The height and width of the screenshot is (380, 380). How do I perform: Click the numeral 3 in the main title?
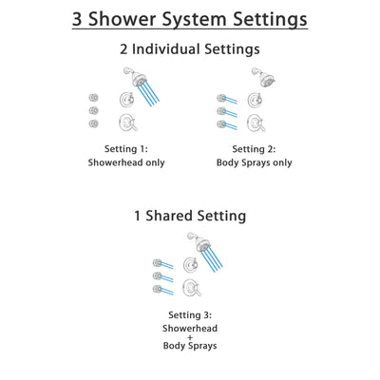[x=81, y=19]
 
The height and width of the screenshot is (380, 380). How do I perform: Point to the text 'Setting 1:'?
[x=124, y=148]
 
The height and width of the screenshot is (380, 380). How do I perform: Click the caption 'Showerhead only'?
[x=124, y=162]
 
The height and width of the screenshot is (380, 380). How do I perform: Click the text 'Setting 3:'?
[x=190, y=315]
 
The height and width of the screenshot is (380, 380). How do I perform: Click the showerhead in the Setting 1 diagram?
[x=129, y=76]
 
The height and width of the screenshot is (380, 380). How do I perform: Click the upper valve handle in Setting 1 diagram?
[x=124, y=100]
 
